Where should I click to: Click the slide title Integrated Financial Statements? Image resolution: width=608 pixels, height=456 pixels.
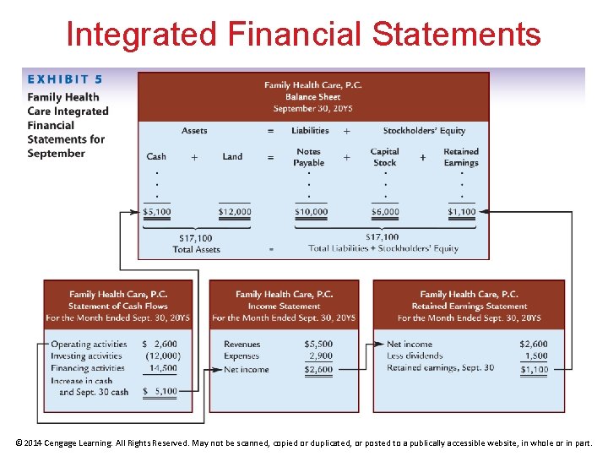(303, 35)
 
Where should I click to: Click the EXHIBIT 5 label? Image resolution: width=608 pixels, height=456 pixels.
(65, 79)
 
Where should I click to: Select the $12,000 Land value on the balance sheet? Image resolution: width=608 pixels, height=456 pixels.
(234, 212)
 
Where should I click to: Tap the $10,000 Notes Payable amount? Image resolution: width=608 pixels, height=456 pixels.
(311, 212)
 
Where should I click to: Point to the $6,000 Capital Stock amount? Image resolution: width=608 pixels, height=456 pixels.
(384, 212)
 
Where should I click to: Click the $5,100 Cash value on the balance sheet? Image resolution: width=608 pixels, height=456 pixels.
(156, 212)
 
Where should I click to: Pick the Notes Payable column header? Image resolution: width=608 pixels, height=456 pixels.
(309, 157)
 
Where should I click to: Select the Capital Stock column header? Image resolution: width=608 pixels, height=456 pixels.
(384, 157)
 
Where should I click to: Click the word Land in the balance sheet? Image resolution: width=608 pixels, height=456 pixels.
(232, 156)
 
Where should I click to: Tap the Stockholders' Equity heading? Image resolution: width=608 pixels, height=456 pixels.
(424, 131)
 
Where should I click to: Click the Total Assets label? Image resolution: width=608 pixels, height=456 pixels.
(196, 250)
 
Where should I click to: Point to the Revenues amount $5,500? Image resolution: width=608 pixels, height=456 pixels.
(318, 345)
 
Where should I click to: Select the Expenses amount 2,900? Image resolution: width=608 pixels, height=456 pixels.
(321, 356)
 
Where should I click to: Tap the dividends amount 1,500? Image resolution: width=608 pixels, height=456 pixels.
(535, 356)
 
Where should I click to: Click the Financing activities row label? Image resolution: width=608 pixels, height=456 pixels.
(88, 368)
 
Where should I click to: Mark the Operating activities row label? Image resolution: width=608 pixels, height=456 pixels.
(89, 345)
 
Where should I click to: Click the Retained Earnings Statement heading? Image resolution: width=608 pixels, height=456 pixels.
(469, 306)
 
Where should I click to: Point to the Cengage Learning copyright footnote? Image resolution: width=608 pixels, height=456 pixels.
(304, 442)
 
